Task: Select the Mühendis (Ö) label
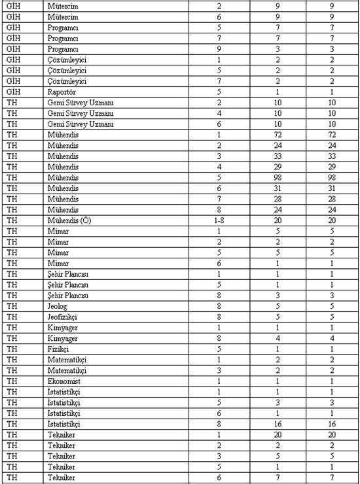69,220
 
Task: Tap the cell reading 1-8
219,220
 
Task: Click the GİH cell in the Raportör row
13,92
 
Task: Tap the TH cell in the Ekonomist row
10,380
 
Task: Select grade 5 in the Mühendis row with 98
219,177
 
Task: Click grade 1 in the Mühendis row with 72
219,135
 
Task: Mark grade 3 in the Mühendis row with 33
219,156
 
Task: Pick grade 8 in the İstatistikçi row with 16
219,423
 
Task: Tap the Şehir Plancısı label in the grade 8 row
68,295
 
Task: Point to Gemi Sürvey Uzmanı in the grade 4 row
81,114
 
